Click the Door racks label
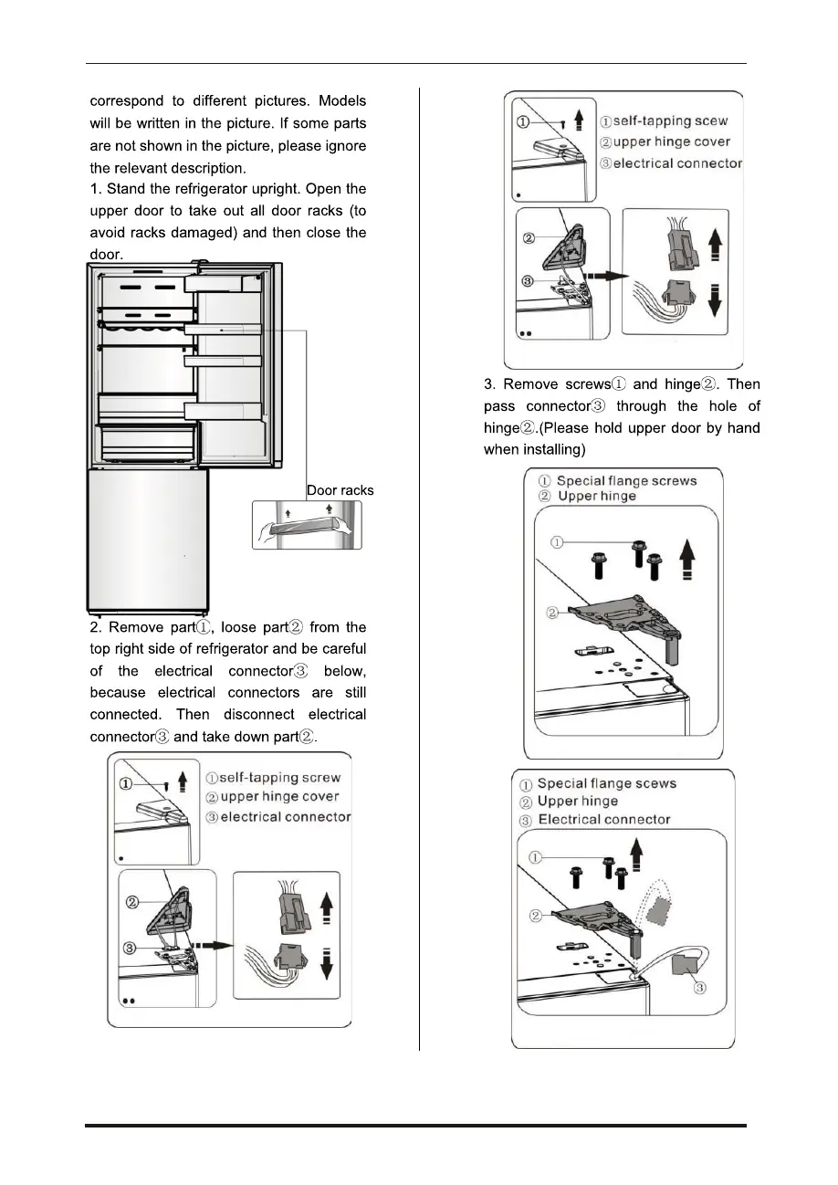pos(340,490)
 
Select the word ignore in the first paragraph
pos(340,145)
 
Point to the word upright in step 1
pos(272,189)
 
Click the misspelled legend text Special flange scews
pos(607,783)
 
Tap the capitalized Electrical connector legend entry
pos(604,820)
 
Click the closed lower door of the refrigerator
pos(149,539)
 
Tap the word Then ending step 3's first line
pos(742,384)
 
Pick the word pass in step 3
pos(500,406)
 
